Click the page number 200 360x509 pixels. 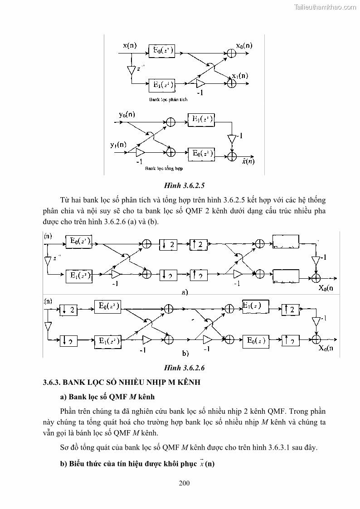[x=184, y=483]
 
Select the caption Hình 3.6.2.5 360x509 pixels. [x=184, y=186]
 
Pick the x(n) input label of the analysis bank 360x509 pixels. [x=129, y=45]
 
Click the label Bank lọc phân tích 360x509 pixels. [x=168, y=99]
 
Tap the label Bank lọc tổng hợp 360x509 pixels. [x=164, y=168]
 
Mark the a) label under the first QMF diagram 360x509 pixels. [x=184, y=292]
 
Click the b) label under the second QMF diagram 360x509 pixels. [x=185, y=352]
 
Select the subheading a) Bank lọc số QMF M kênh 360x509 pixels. [x=107, y=397]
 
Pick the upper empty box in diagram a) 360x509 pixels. [x=286, y=241]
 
